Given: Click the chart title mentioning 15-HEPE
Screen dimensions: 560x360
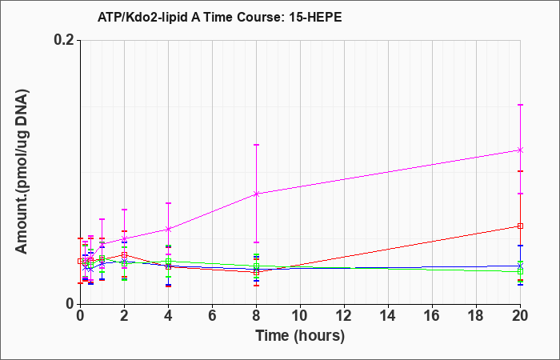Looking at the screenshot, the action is (x=220, y=17).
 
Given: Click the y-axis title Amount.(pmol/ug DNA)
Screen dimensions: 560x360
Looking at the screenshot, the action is (x=22, y=172).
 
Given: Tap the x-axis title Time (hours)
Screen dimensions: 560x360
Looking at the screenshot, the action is (x=300, y=336).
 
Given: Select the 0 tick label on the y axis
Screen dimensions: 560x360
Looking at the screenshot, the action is (x=70, y=304).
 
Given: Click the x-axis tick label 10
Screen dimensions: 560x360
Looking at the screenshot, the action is (x=300, y=316).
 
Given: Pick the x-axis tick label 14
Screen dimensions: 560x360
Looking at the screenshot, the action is (x=388, y=316).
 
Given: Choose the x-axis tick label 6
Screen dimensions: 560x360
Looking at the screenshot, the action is (x=212, y=316).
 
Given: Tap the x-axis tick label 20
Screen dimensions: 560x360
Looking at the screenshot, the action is (x=520, y=316).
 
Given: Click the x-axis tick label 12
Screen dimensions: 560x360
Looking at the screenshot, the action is (x=344, y=316).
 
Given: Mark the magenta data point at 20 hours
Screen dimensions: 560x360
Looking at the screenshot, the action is (x=520, y=150).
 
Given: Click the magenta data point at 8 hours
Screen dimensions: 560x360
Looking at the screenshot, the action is (x=257, y=194).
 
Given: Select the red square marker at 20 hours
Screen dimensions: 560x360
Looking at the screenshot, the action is (x=520, y=226).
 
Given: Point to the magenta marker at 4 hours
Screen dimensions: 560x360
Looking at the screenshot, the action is (x=168, y=229).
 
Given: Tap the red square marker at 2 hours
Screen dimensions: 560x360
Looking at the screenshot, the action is (x=124, y=255).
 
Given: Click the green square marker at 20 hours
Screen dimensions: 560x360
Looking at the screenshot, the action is (x=520, y=271).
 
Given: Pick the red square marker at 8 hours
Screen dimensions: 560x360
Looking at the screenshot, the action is (x=257, y=272).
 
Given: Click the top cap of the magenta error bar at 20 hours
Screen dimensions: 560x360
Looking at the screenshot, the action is (x=520, y=105).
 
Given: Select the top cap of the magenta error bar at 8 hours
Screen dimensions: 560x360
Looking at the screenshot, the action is (x=257, y=145).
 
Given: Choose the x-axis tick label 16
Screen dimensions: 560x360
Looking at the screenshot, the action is (x=432, y=316).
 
